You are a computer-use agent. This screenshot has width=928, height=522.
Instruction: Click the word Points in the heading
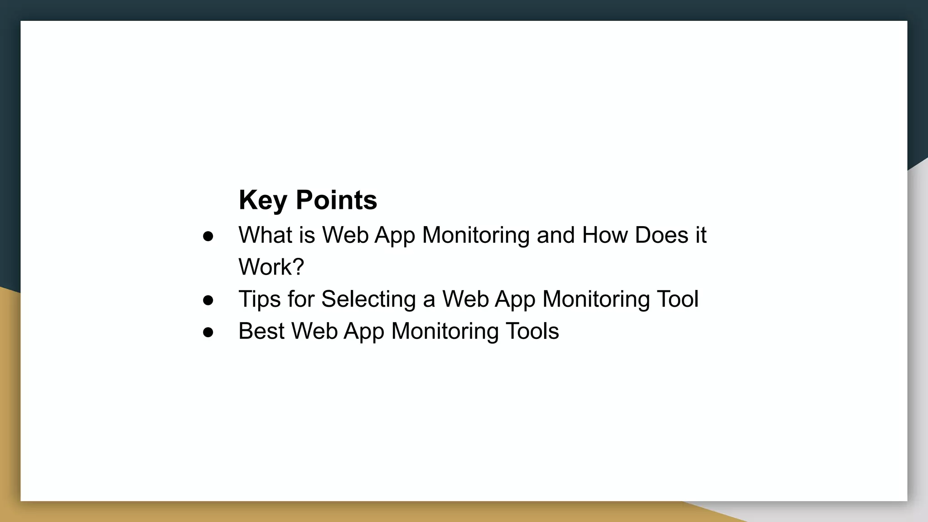[x=336, y=200]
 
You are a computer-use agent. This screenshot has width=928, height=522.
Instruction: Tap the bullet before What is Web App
[x=208, y=236]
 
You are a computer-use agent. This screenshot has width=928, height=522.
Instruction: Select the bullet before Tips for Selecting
[x=208, y=300]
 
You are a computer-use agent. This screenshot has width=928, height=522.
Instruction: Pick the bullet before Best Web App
[x=208, y=332]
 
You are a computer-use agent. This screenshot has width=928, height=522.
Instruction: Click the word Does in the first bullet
[x=662, y=235]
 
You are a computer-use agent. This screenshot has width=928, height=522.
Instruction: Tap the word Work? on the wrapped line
[x=271, y=267]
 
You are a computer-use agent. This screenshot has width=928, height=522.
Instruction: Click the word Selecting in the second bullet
[x=368, y=300]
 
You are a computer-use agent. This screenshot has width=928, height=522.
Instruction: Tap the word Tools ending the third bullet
[x=532, y=331]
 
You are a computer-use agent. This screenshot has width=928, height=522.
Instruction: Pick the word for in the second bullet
[x=301, y=299]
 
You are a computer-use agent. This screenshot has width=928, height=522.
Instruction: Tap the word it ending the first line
[x=701, y=235]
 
